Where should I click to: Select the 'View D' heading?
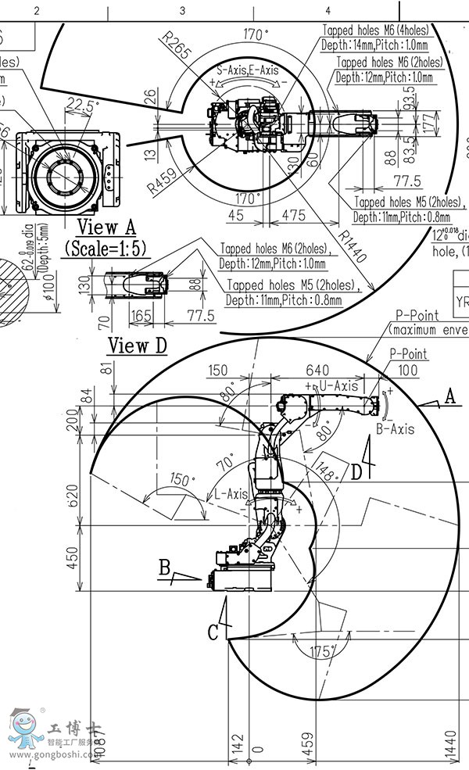(x=137, y=345)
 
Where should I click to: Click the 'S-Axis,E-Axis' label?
(x=247, y=70)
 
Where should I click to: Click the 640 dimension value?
(x=317, y=370)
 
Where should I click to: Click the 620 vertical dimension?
(x=73, y=495)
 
